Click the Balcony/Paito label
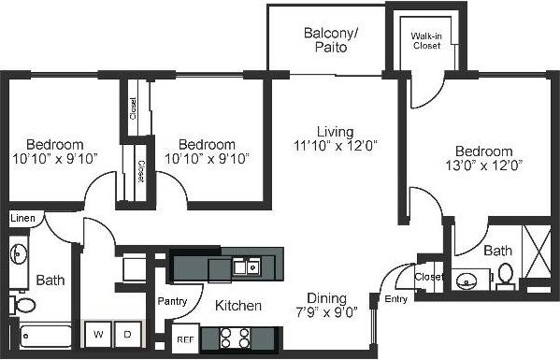tap(325, 39)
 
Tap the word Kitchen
tap(238, 306)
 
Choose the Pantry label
tap(172, 301)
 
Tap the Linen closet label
tap(22, 218)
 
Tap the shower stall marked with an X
tap(538, 252)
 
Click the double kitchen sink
tap(247, 267)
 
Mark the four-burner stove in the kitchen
tap(231, 337)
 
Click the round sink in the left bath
tap(19, 252)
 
